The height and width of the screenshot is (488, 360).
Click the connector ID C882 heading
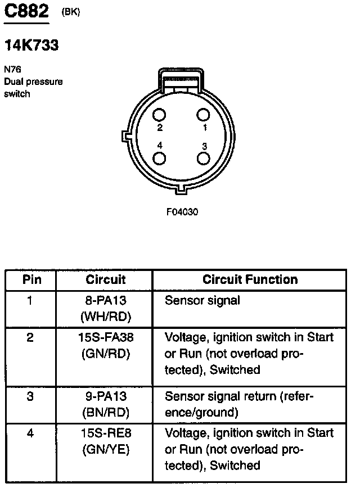click(x=26, y=13)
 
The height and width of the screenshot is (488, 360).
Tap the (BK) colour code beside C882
click(x=71, y=13)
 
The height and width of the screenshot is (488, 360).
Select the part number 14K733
click(x=31, y=46)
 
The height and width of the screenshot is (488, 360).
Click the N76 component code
click(x=11, y=70)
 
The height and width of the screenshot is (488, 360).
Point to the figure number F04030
click(x=182, y=212)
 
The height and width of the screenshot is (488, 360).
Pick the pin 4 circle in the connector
click(x=160, y=158)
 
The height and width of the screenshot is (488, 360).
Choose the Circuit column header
click(x=105, y=279)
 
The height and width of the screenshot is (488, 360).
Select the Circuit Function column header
click(x=250, y=279)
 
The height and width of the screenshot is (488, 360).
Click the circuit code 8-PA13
click(x=105, y=301)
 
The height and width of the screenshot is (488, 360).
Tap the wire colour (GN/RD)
click(x=105, y=354)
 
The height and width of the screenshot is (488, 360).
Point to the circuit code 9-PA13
click(x=105, y=396)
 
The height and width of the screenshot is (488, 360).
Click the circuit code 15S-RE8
click(x=105, y=433)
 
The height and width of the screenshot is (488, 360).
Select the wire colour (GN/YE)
click(x=105, y=450)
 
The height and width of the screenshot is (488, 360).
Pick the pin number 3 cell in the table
click(x=30, y=396)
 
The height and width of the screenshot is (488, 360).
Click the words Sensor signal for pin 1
click(x=202, y=301)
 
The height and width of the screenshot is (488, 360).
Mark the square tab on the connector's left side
click(x=125, y=136)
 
